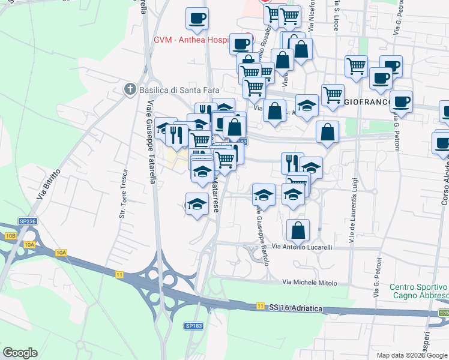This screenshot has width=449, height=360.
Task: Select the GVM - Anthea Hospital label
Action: (191, 40)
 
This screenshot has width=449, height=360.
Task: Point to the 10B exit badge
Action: (10, 236)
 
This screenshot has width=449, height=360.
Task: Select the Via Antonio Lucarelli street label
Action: (302, 247)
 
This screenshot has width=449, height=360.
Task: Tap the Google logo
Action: (20, 353)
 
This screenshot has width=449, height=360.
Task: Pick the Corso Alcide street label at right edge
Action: (444, 180)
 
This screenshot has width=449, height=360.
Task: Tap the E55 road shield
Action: (444, 313)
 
